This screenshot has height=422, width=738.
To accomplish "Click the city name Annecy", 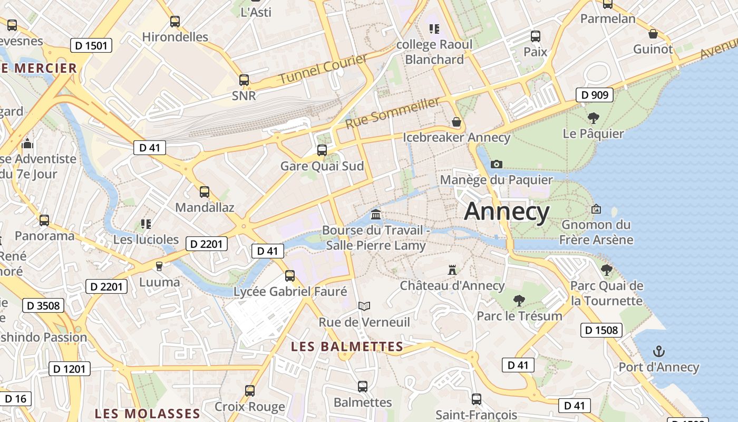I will click(x=507, y=212).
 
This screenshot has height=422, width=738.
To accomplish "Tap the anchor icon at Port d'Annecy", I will click(x=658, y=351).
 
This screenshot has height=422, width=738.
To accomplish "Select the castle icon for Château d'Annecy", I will click(x=452, y=270).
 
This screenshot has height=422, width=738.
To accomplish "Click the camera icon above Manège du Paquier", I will click(x=496, y=164).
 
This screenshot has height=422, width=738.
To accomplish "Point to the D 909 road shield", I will click(x=595, y=95).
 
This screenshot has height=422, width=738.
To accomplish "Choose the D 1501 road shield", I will click(x=91, y=45).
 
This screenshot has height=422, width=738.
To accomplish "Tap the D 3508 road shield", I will click(x=43, y=305).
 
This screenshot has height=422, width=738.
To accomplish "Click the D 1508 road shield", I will click(x=601, y=330).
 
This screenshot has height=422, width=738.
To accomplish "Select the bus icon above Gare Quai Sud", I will click(x=322, y=150).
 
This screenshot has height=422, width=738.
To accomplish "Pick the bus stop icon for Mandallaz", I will click(x=205, y=192).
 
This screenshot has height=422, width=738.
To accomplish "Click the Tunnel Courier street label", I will click(x=323, y=69).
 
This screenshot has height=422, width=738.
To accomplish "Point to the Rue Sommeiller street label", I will click(x=392, y=112).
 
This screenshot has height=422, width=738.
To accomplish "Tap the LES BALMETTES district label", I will click(x=347, y=347).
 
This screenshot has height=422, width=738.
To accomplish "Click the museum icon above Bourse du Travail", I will click(x=376, y=214).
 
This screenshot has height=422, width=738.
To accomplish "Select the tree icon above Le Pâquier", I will click(x=593, y=118).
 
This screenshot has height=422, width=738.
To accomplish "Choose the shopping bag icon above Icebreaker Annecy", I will click(x=457, y=122).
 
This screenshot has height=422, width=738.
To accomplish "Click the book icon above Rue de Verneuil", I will click(x=364, y=306).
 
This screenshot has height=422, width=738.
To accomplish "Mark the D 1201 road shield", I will click(x=70, y=369).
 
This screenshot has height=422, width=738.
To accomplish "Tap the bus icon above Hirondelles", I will click(x=175, y=22).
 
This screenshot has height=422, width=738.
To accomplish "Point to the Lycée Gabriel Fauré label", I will click(x=290, y=291).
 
